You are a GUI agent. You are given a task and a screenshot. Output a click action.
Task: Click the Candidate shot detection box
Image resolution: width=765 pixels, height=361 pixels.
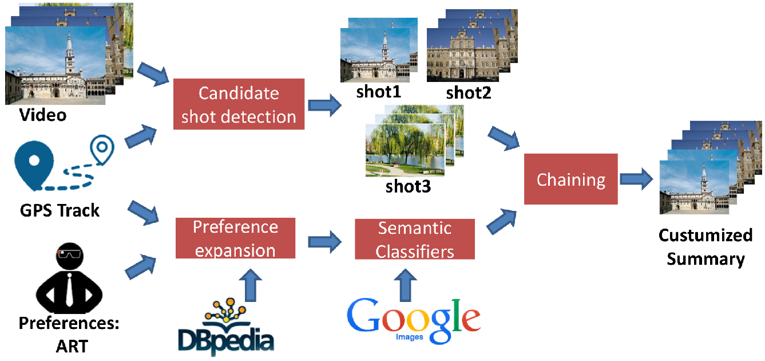coord(239,105)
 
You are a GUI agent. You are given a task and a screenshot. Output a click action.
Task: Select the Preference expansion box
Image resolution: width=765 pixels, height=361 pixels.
coord(235,238)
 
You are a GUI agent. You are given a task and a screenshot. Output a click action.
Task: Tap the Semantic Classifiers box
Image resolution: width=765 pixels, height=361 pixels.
coord(415,240)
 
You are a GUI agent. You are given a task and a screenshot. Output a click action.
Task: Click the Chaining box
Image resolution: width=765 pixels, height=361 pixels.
coord(570,179)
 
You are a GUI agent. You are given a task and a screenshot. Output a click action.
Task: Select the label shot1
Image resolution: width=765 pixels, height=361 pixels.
coord(379,92)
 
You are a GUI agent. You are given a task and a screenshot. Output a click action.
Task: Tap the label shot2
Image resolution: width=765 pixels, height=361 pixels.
coord(469,93)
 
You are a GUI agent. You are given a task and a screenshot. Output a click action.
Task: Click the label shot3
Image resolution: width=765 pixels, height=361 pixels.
coord(408,186)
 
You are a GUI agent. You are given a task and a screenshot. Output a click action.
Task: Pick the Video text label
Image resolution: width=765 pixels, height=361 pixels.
coord(43,115)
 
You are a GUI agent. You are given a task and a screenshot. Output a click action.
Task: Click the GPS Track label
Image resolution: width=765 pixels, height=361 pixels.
coord(60,210)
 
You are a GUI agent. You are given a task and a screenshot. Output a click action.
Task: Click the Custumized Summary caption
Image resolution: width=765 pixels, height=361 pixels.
coord(705,247)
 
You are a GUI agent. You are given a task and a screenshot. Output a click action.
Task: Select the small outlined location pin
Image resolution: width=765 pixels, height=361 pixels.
coord(102,149)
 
